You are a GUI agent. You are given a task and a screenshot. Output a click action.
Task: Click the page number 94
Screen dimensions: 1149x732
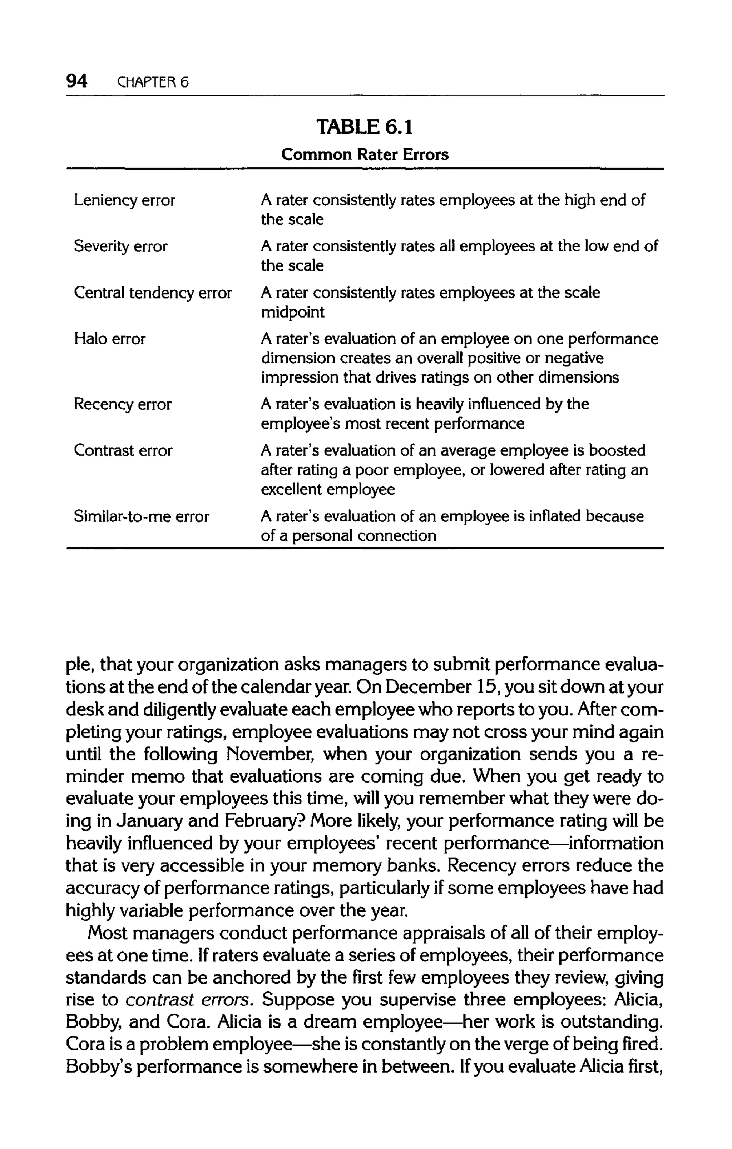[76, 81]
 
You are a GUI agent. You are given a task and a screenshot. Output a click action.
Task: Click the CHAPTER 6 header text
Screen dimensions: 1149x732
[153, 83]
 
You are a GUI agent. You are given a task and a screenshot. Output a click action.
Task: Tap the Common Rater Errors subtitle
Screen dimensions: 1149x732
[365, 155]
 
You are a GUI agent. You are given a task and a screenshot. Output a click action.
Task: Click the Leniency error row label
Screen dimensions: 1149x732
[124, 200]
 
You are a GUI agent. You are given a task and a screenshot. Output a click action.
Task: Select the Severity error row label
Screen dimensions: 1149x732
[120, 247]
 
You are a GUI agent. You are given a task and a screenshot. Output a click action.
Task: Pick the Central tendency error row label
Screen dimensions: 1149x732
[153, 293]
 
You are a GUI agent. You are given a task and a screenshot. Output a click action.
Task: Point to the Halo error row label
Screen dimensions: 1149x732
[109, 339]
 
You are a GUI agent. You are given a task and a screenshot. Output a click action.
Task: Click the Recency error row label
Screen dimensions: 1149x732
[122, 405]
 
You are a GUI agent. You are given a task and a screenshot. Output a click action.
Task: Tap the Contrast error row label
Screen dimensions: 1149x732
[123, 451]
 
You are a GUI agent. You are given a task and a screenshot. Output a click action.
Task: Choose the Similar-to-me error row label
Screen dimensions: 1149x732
[141, 517]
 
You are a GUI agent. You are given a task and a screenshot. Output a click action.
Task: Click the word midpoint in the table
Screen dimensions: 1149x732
[292, 313]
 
